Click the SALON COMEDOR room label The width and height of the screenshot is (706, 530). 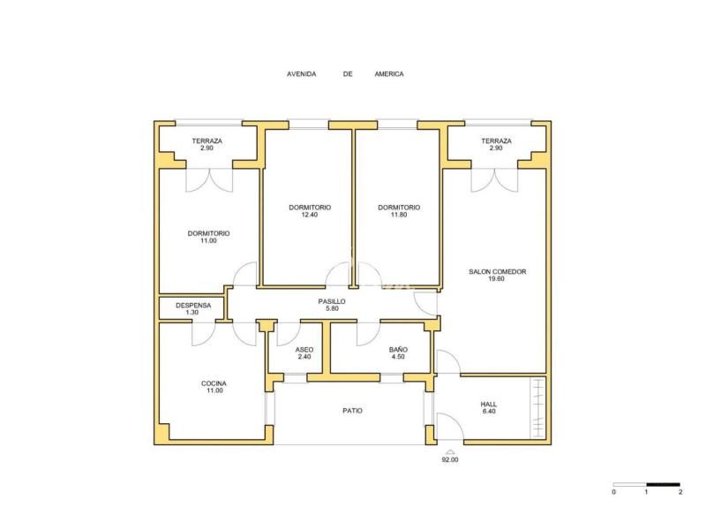click(497, 272)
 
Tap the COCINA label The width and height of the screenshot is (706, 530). click(214, 383)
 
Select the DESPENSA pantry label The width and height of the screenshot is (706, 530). click(193, 305)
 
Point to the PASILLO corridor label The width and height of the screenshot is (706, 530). click(332, 301)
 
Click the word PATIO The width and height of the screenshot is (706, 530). click(352, 411)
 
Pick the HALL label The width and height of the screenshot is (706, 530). click(489, 405)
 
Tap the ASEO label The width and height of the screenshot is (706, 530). click(304, 350)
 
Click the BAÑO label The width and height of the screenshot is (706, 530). click(398, 350)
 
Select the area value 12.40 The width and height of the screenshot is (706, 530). click(310, 215)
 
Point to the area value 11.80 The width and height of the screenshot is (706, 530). click(399, 215)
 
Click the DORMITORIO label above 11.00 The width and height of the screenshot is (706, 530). click(208, 233)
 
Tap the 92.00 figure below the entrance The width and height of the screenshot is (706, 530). click(450, 459)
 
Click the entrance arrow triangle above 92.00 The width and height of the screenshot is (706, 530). click(450, 451)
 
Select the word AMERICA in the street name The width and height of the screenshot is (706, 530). click(389, 74)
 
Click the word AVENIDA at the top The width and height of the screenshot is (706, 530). click(302, 74)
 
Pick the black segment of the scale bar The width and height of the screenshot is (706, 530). click(664, 484)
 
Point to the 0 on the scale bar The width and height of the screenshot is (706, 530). click(613, 492)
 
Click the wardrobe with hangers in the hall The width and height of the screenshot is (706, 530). click(537, 408)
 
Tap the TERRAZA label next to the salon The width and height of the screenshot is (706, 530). click(496, 141)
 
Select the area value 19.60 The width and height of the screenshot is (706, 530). click(496, 279)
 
